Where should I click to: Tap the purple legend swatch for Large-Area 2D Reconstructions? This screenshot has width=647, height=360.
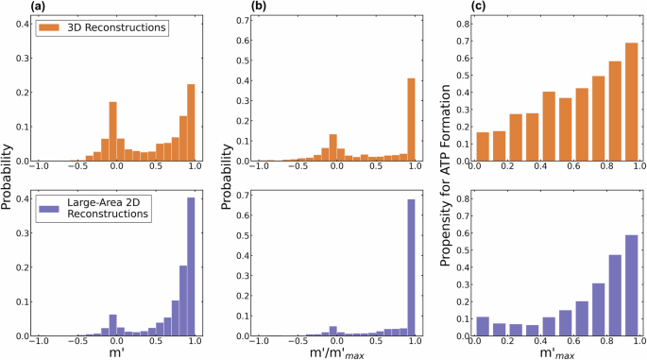[x=52, y=204]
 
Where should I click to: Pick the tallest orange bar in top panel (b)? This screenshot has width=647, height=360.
[x=412, y=119]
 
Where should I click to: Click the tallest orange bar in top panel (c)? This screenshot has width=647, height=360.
[x=631, y=101]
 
